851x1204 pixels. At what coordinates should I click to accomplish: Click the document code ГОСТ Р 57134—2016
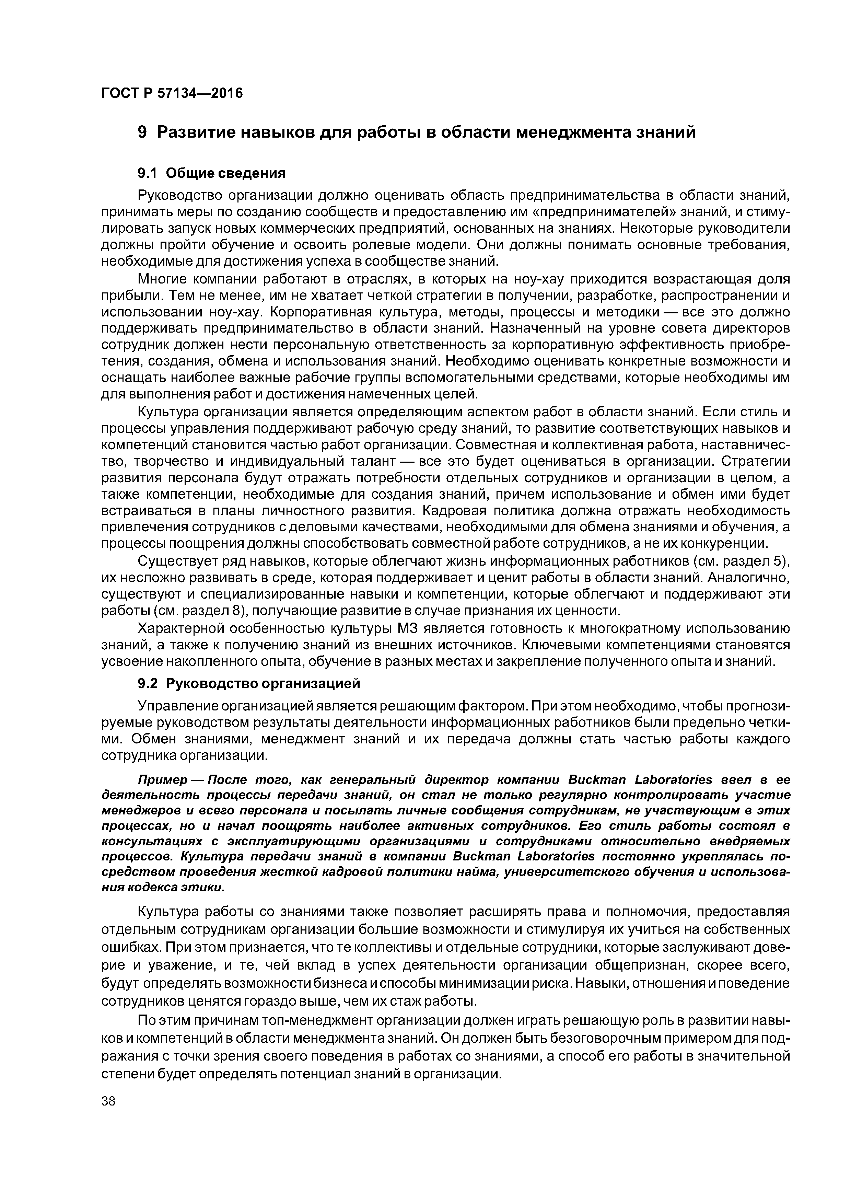172,94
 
